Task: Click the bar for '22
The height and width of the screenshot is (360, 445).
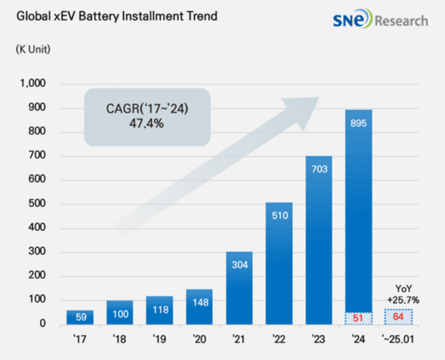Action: click(279, 264)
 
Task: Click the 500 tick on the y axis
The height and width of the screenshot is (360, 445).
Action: click(37, 204)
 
